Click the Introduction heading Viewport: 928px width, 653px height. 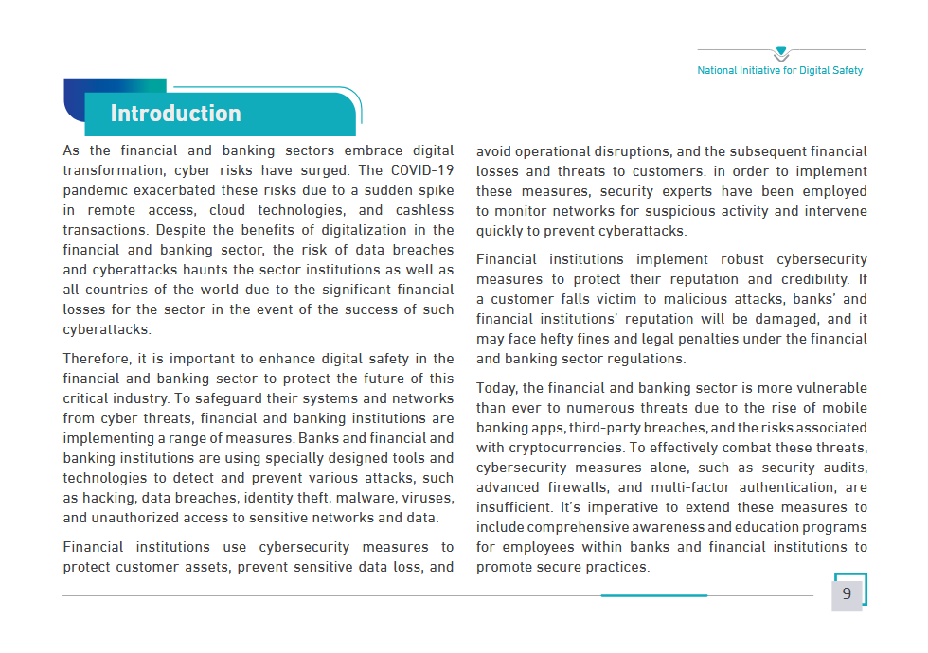point(175,114)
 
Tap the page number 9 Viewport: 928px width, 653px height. point(847,594)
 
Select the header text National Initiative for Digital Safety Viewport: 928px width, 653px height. point(780,70)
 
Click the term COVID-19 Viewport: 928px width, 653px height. point(420,170)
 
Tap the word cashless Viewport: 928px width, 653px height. point(424,210)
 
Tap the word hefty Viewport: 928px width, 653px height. point(563,339)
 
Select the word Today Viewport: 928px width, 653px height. point(496,388)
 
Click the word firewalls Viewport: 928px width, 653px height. point(580,487)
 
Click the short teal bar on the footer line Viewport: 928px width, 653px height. point(653,595)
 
